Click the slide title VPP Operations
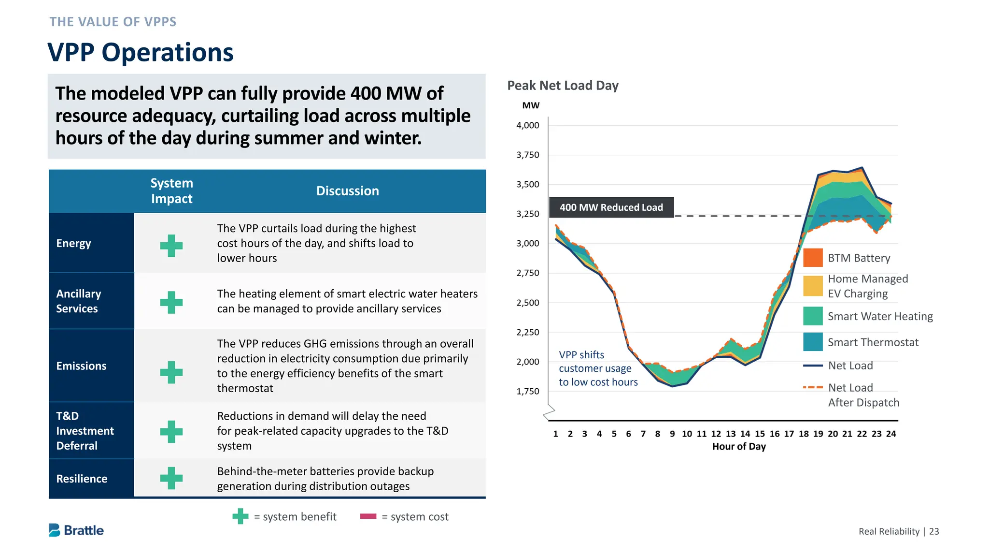(140, 52)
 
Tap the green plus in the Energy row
(171, 246)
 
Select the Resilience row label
(82, 479)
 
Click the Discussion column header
(347, 191)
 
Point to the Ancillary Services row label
(79, 301)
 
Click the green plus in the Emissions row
(171, 372)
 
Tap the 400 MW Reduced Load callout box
(611, 207)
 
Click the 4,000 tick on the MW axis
(527, 125)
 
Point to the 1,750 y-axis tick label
(527, 391)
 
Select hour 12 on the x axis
(716, 434)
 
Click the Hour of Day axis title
(739, 447)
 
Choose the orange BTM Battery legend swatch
(813, 258)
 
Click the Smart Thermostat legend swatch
(813, 342)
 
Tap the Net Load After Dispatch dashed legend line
(813, 387)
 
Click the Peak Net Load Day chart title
(563, 86)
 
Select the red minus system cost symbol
(368, 516)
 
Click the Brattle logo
(76, 530)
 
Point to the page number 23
(934, 531)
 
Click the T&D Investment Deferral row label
(85, 431)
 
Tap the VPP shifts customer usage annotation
(598, 368)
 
